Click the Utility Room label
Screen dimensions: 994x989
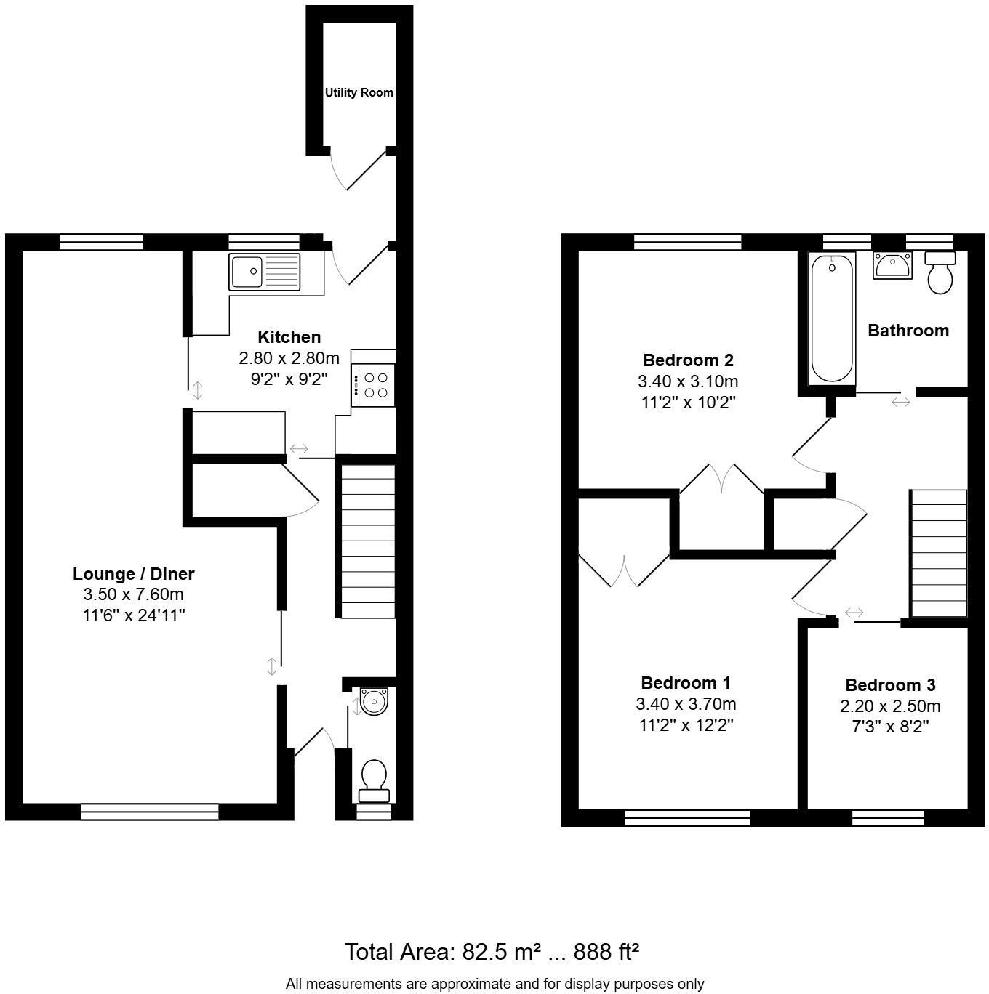click(359, 93)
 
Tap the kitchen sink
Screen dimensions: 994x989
click(264, 272)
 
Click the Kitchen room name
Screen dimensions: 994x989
click(289, 337)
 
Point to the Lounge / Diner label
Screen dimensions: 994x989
click(134, 574)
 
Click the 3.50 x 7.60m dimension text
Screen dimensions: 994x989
click(134, 594)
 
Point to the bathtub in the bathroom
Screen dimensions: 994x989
click(832, 318)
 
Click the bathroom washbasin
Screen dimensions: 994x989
click(892, 265)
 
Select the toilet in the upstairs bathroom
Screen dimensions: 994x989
click(940, 272)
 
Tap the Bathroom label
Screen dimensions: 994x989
click(908, 331)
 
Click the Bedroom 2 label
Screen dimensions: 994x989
click(688, 360)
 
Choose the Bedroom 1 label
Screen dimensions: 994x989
click(686, 683)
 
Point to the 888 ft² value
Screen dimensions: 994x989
click(606, 951)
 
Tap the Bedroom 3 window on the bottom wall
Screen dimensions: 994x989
click(887, 818)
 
